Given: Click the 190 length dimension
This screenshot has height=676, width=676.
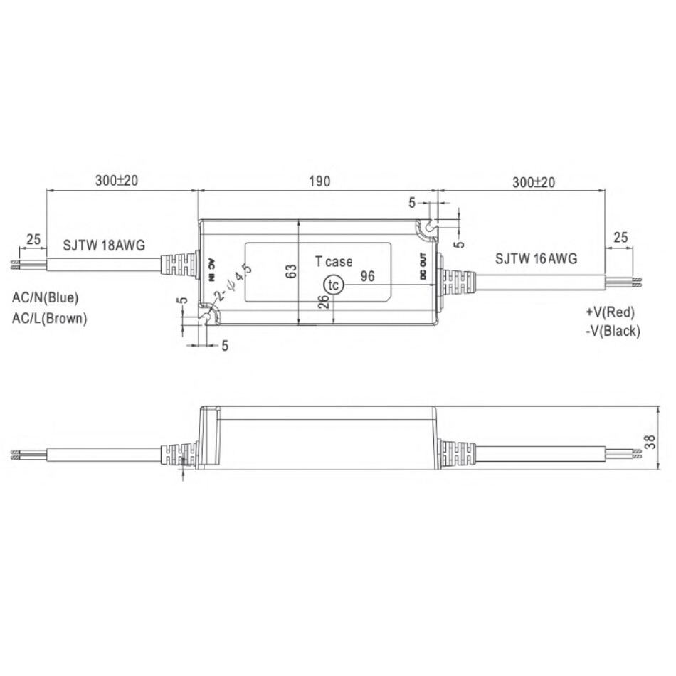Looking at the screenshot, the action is (319, 181).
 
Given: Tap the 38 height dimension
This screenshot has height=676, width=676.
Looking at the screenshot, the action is (649, 441).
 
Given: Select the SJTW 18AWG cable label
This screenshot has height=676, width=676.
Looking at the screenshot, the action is (104, 245).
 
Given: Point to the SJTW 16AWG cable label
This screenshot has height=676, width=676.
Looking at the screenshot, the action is (536, 259).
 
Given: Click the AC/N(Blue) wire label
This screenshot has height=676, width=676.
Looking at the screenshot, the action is (46, 297).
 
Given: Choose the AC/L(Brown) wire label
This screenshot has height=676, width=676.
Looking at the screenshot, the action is (50, 319).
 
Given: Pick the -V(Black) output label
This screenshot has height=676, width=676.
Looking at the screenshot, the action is (613, 331).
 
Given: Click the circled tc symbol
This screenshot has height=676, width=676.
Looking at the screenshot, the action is (333, 285).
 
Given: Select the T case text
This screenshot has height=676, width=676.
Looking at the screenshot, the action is (333, 261).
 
